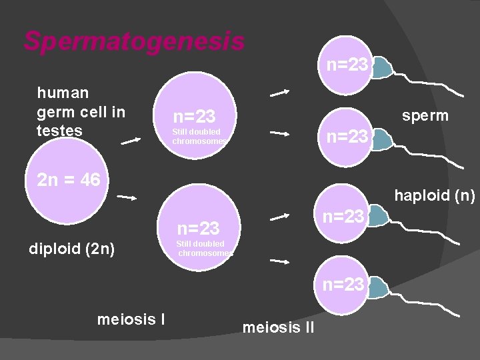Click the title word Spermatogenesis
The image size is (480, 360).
[x=134, y=41]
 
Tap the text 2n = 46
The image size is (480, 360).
[x=69, y=179]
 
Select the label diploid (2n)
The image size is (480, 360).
[x=72, y=249]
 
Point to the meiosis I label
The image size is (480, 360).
[x=131, y=319]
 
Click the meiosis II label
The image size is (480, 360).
[x=279, y=327]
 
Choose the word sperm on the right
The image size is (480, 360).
[x=425, y=115]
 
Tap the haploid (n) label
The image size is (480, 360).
[x=434, y=196]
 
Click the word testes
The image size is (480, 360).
[x=60, y=131]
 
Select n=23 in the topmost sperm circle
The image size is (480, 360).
[x=347, y=65]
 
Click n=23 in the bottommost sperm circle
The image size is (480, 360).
[x=344, y=285]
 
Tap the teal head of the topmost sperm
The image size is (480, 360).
[x=381, y=68]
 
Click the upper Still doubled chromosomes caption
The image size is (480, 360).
[x=199, y=136]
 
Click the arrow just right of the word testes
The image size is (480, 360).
[x=131, y=140]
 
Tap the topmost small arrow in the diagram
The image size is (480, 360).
[x=279, y=92]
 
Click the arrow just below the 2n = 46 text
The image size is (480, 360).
[x=127, y=197]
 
